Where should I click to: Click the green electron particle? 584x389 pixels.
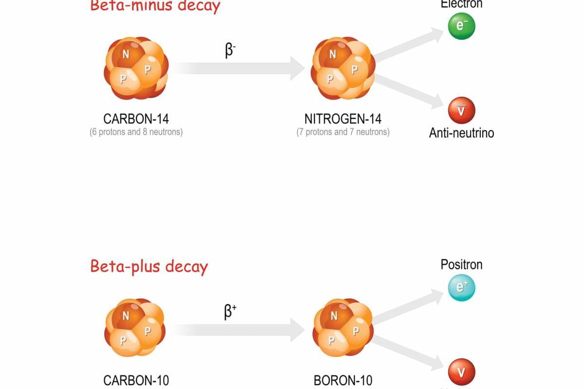click(x=461, y=26)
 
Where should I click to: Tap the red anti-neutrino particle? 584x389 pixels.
click(x=461, y=110)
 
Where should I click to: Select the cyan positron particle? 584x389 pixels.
click(x=461, y=288)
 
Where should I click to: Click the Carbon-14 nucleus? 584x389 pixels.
click(x=136, y=69)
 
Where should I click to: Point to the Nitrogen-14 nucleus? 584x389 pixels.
click(x=343, y=69)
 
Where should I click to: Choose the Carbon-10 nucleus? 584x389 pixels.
click(x=135, y=328)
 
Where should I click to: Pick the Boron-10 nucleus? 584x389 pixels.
click(x=343, y=328)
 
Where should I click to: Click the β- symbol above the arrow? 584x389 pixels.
click(x=230, y=51)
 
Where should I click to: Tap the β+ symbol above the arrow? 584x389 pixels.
click(x=230, y=311)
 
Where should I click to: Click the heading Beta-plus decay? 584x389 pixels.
click(x=149, y=266)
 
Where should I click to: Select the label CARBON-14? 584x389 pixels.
click(x=136, y=119)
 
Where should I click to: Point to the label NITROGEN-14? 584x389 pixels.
click(x=343, y=119)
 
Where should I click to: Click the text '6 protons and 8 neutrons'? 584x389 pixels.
click(x=136, y=132)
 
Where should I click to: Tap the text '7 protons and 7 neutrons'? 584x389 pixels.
click(x=343, y=132)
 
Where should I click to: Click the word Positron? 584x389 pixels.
click(x=461, y=265)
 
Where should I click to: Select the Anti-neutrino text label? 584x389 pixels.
click(x=461, y=133)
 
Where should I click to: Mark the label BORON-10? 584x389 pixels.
click(x=343, y=380)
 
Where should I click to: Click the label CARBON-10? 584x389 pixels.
click(x=136, y=380)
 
